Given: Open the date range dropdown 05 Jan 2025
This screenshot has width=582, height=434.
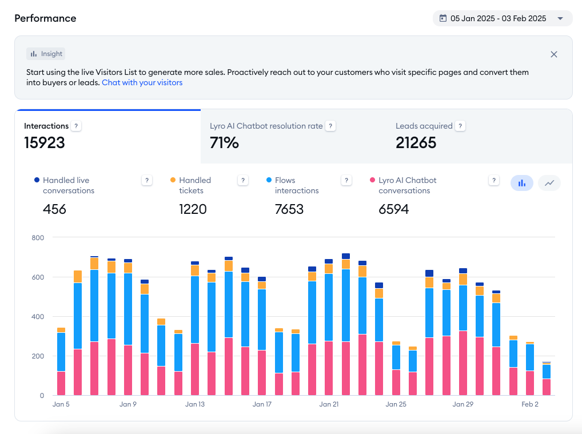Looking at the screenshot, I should (502, 18).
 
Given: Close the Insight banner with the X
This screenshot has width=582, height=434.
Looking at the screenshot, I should (553, 54).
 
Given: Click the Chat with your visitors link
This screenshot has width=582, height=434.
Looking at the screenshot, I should (142, 82).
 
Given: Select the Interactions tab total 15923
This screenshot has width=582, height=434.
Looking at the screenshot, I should (45, 142).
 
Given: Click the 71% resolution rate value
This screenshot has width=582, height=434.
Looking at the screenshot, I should (224, 142).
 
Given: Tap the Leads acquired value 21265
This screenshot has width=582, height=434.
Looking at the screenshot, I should (416, 142).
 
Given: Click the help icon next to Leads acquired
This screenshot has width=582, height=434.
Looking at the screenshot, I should (460, 126).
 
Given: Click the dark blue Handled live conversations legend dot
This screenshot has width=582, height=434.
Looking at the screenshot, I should (37, 180).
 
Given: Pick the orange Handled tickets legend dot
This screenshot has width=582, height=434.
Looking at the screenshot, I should (173, 180).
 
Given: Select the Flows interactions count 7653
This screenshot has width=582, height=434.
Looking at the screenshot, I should (289, 209).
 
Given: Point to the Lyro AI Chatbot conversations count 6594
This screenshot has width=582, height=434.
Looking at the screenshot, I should (393, 209).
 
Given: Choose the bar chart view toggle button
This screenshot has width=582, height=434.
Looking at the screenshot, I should (521, 183).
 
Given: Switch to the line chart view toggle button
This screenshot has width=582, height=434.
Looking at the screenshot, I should (549, 183).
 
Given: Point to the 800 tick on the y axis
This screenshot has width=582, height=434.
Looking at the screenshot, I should (37, 237).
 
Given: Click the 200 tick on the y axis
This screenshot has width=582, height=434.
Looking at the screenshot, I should (37, 356).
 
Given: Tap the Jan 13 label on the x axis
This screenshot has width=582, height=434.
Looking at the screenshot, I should (195, 404).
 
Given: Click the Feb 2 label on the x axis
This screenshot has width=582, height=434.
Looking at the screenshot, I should (530, 404).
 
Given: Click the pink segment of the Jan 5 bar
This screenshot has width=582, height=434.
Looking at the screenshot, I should (61, 383).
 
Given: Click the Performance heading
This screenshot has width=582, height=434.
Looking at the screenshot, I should (45, 18).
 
